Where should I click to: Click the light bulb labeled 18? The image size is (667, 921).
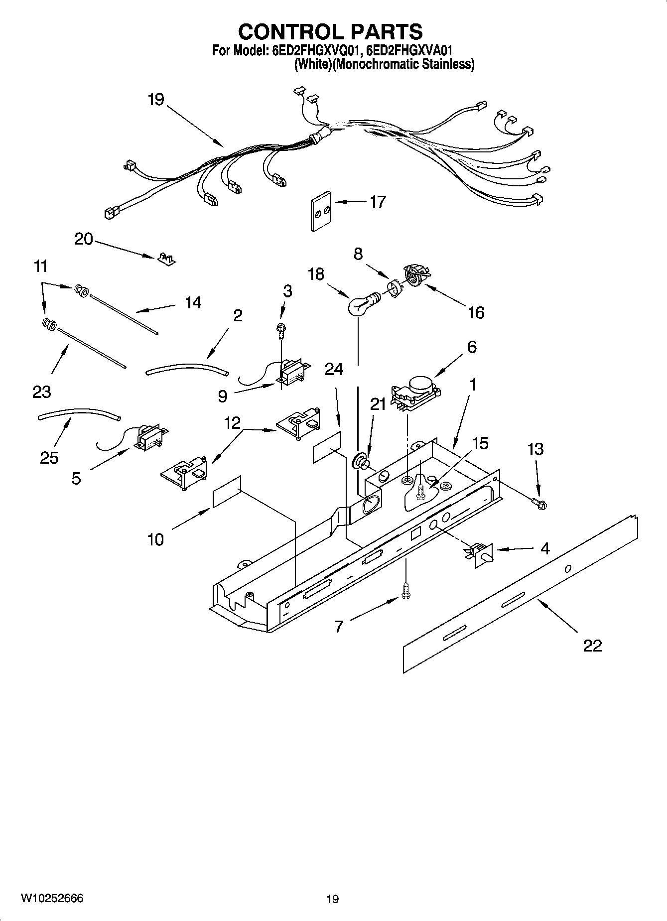click(x=359, y=305)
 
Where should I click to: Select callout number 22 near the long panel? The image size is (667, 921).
click(x=592, y=646)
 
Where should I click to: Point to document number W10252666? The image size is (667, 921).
click(x=52, y=898)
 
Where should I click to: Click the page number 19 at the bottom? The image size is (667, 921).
click(x=332, y=899)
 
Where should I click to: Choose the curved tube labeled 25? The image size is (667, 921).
click(x=80, y=414)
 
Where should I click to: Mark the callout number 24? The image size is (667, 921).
click(x=334, y=369)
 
